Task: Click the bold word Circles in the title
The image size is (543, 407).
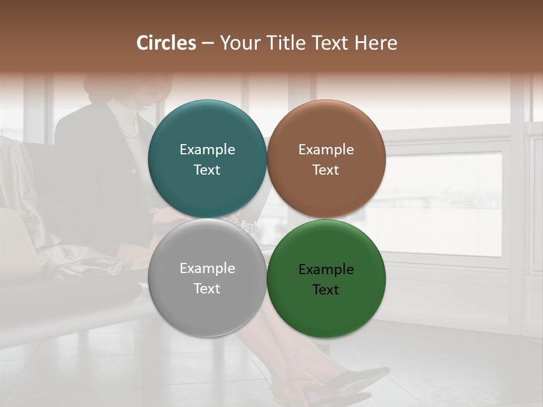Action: pos(166,43)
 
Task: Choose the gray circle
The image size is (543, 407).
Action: pos(207,305)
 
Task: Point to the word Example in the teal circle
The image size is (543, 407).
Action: pos(207,150)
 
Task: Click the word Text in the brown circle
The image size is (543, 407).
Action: pos(326,170)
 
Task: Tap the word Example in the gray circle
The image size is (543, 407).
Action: pos(207,269)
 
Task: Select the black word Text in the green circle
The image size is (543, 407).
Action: pos(326,290)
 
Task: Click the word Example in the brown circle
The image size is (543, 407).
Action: pos(326,150)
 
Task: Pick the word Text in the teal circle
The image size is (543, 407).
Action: pos(207,170)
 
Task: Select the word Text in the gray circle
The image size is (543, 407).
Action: pos(207,289)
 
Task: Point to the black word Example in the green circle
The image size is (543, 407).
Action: pos(326,270)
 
